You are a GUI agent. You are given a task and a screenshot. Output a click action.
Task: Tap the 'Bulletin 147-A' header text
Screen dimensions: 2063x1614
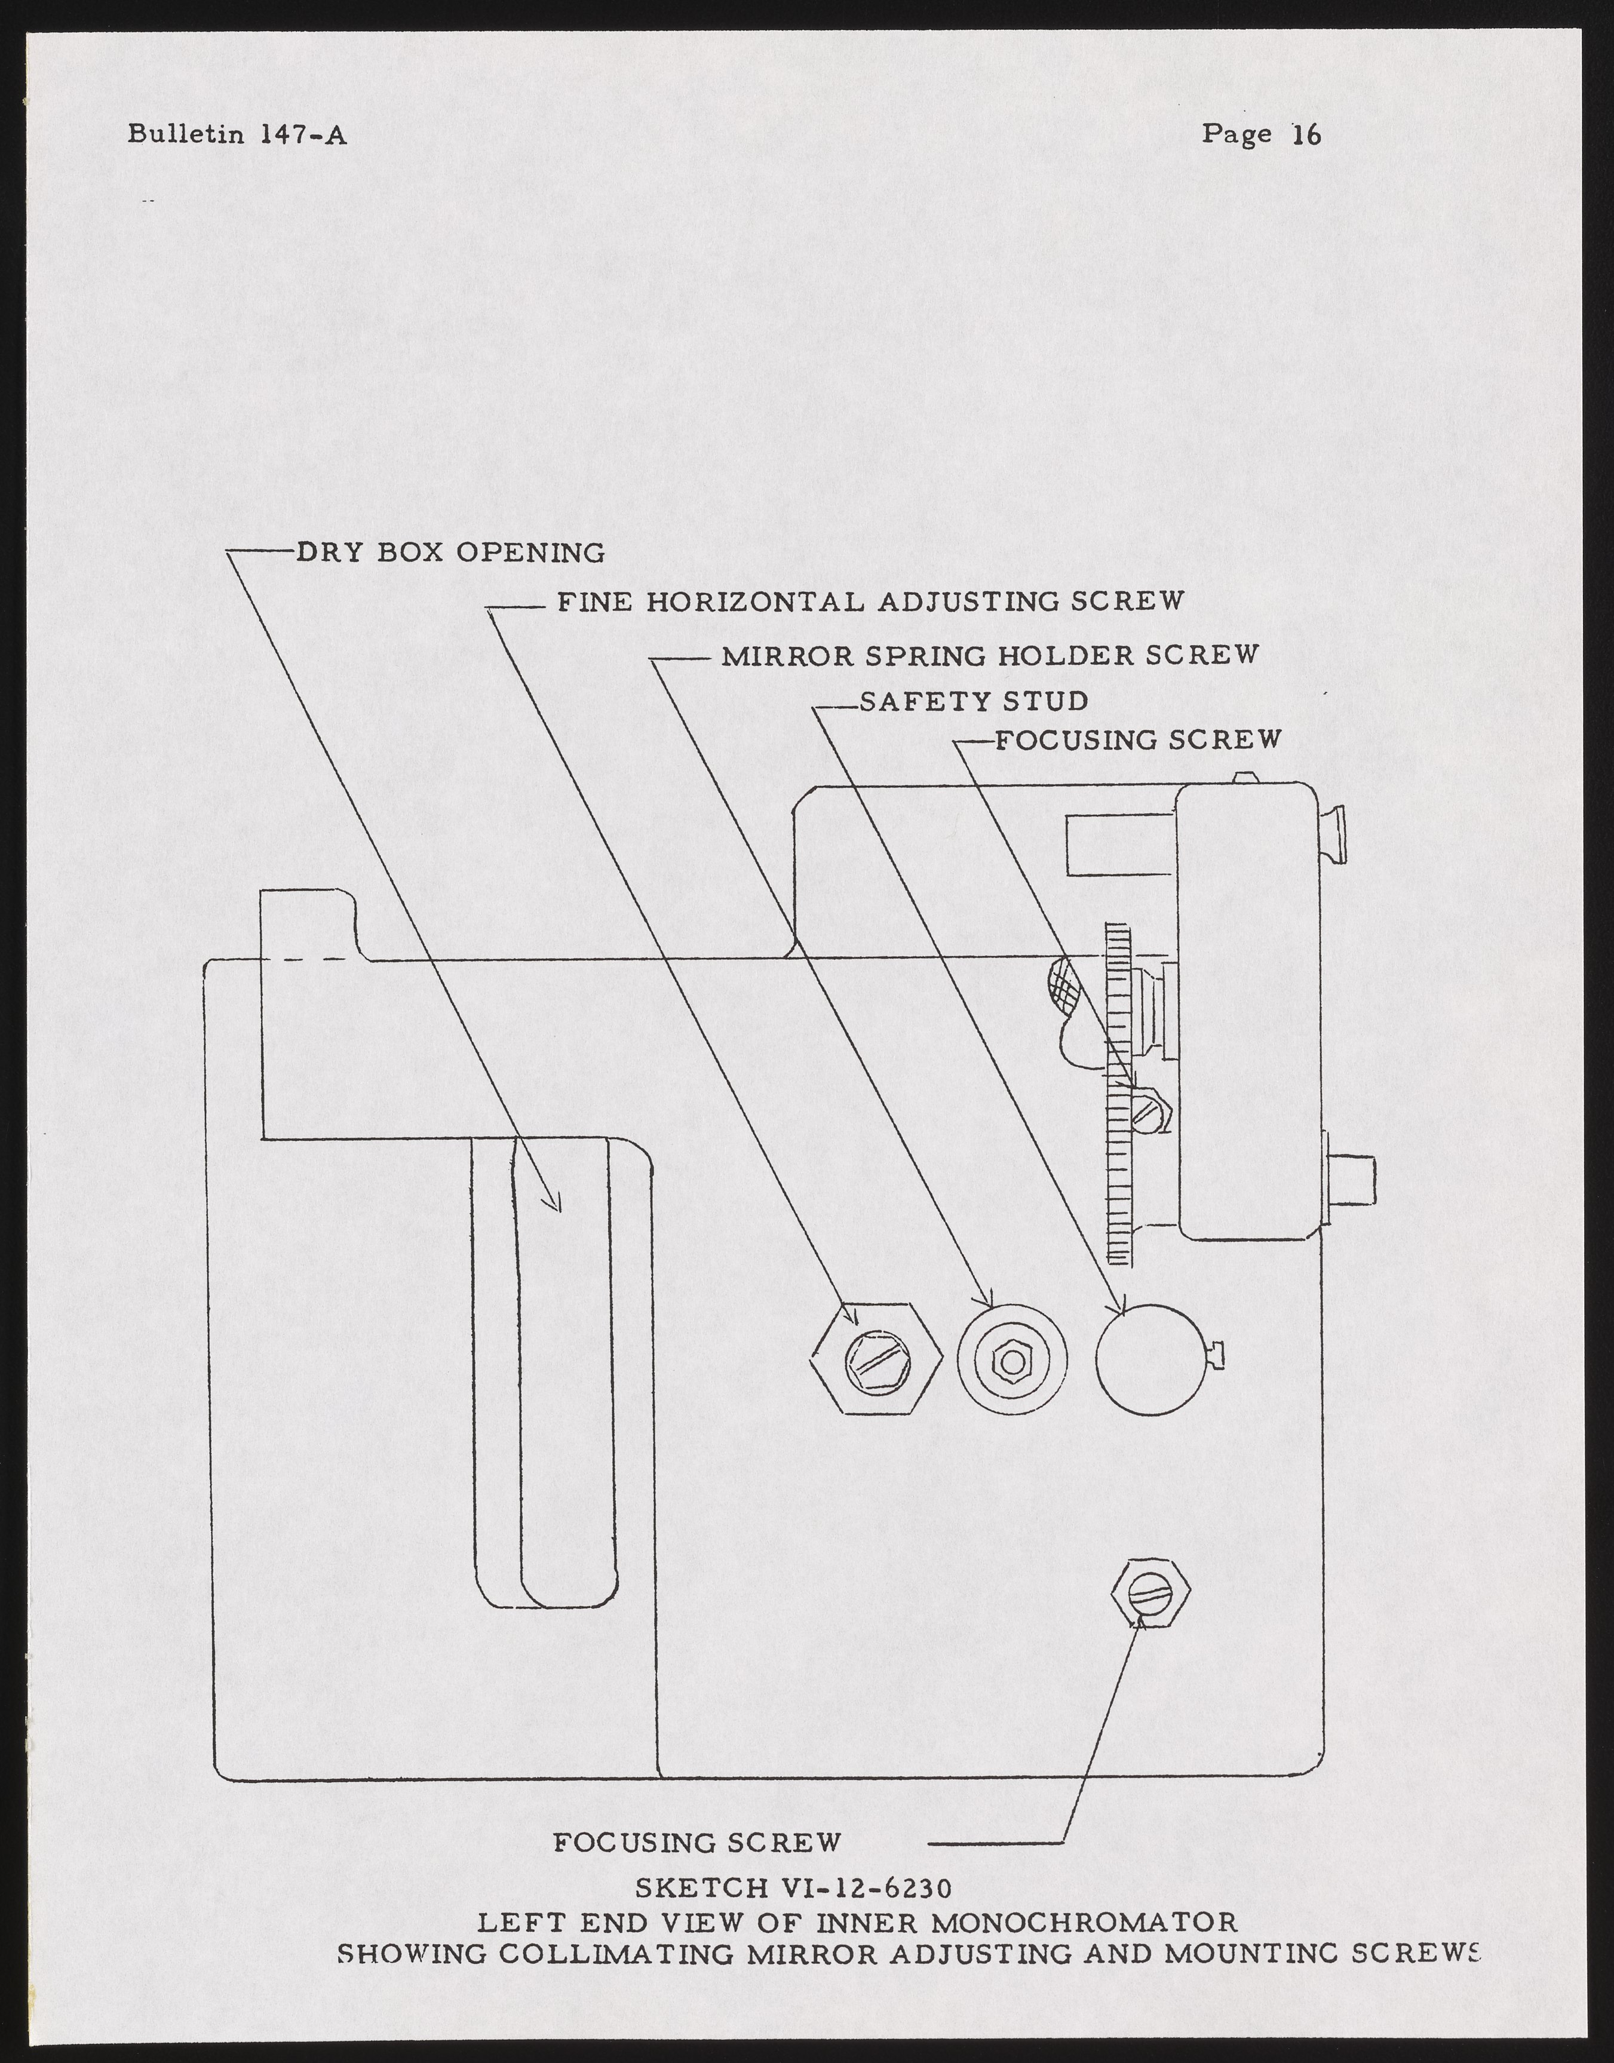(x=237, y=135)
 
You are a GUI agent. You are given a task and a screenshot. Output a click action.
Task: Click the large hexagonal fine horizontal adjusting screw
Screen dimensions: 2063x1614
(x=876, y=1359)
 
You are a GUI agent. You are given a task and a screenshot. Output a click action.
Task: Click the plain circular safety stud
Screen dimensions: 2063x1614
(x=1151, y=1359)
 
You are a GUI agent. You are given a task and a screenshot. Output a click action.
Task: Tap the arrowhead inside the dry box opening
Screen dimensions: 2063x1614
(x=557, y=1204)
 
